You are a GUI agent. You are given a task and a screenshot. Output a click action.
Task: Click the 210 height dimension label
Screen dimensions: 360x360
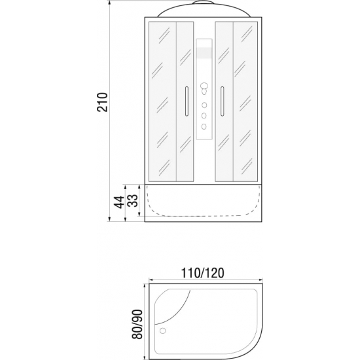102,102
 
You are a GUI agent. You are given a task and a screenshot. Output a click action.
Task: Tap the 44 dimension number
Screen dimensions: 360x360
119,202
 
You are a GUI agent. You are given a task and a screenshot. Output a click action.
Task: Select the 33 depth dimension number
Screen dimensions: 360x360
133,201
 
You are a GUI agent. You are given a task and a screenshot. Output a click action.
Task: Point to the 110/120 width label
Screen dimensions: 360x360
202,273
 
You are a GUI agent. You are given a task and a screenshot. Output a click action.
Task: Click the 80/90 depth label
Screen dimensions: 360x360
137,325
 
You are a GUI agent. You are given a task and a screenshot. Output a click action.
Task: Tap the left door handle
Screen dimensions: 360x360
187,101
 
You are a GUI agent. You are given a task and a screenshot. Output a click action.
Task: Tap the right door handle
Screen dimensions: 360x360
222,101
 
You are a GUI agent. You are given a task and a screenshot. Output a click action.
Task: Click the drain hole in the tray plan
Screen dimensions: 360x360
163,331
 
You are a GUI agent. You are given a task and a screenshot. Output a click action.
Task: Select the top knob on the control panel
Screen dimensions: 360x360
204,86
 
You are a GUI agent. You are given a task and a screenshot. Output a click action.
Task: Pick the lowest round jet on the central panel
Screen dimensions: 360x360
204,126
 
